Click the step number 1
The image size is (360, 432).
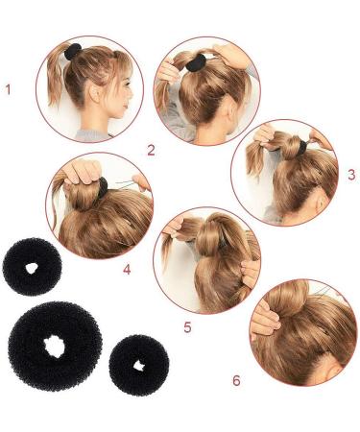8,90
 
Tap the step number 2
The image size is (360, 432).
151,149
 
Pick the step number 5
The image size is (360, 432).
188,327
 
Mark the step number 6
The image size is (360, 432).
236,380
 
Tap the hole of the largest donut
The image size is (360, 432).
56,343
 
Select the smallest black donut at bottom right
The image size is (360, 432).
138,365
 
